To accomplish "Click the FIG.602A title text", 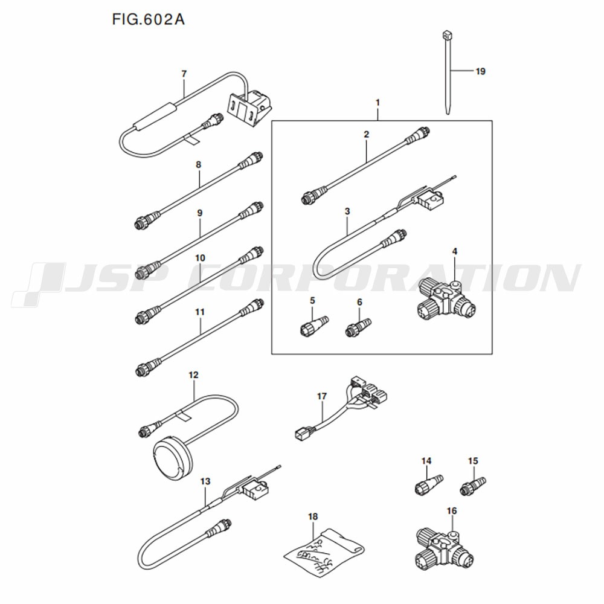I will pos(148,19).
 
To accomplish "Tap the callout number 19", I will pos(480,71).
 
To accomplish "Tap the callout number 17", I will pos(322,396).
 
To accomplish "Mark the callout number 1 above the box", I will pos(377,103).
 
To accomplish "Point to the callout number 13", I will pos(205,481).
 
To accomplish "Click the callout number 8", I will pos(199,164).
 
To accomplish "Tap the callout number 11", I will pos(199,312).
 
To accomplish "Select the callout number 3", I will pos(347,211).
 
